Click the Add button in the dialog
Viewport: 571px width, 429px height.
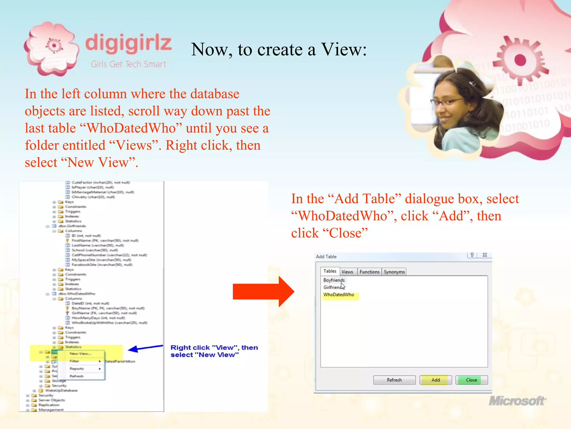tap(435, 380)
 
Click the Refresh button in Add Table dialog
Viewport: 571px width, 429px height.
tap(394, 380)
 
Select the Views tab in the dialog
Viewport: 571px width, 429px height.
tap(347, 272)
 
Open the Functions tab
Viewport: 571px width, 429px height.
tap(369, 272)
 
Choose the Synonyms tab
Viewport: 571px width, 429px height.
tap(394, 272)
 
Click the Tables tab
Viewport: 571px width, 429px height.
tap(330, 271)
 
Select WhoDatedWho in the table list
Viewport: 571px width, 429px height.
tap(339, 295)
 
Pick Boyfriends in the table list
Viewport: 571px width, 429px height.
tap(334, 280)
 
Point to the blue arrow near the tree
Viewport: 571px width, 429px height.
tap(145, 348)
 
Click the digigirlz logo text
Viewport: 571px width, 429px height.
tap(128, 43)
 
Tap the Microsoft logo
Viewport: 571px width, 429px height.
tap(517, 401)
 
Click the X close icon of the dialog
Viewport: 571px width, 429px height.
tap(485, 255)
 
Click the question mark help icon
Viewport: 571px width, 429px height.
tap(472, 255)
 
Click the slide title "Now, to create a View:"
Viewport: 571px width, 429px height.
tap(279, 49)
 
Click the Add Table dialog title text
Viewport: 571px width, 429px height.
tap(326, 257)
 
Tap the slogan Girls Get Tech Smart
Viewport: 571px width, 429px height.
tap(129, 64)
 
